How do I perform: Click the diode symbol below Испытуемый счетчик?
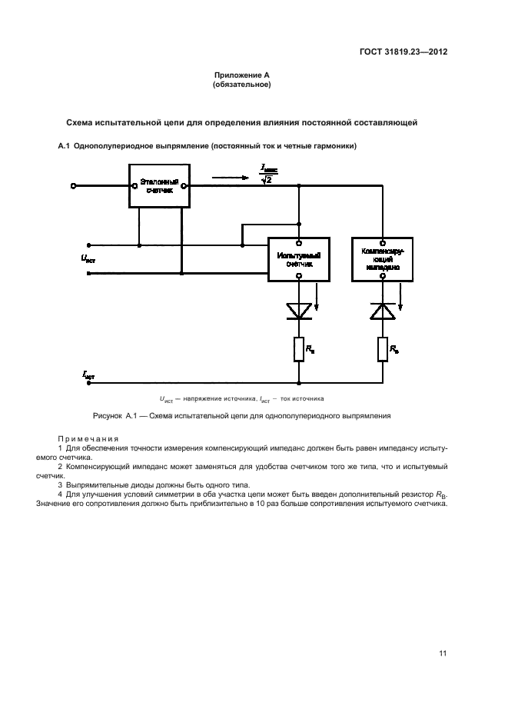coord(298,309)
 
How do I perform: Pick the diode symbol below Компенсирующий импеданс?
coord(382,309)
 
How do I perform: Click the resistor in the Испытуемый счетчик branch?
coord(298,350)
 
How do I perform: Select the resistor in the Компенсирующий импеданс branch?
coord(382,350)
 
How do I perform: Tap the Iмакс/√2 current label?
coord(267,173)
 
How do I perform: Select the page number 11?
coord(443,654)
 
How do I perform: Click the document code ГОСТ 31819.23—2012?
coord(403,52)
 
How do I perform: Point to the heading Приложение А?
coord(241,75)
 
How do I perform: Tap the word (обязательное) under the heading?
coord(241,85)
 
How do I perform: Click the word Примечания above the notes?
coord(85,437)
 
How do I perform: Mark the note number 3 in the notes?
coord(61,484)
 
